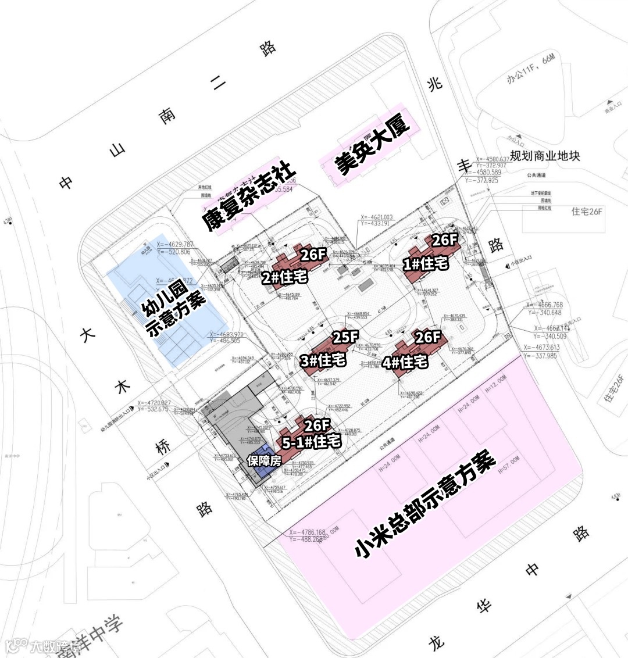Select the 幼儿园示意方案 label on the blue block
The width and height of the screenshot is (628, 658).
coord(174,312)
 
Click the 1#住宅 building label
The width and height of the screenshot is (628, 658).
coord(426,264)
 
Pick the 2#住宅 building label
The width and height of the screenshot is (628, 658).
coord(284,278)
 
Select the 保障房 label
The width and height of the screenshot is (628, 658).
coord(264,460)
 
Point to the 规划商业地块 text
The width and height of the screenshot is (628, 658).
coord(545,156)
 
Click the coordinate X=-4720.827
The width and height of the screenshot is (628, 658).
coord(154,403)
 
